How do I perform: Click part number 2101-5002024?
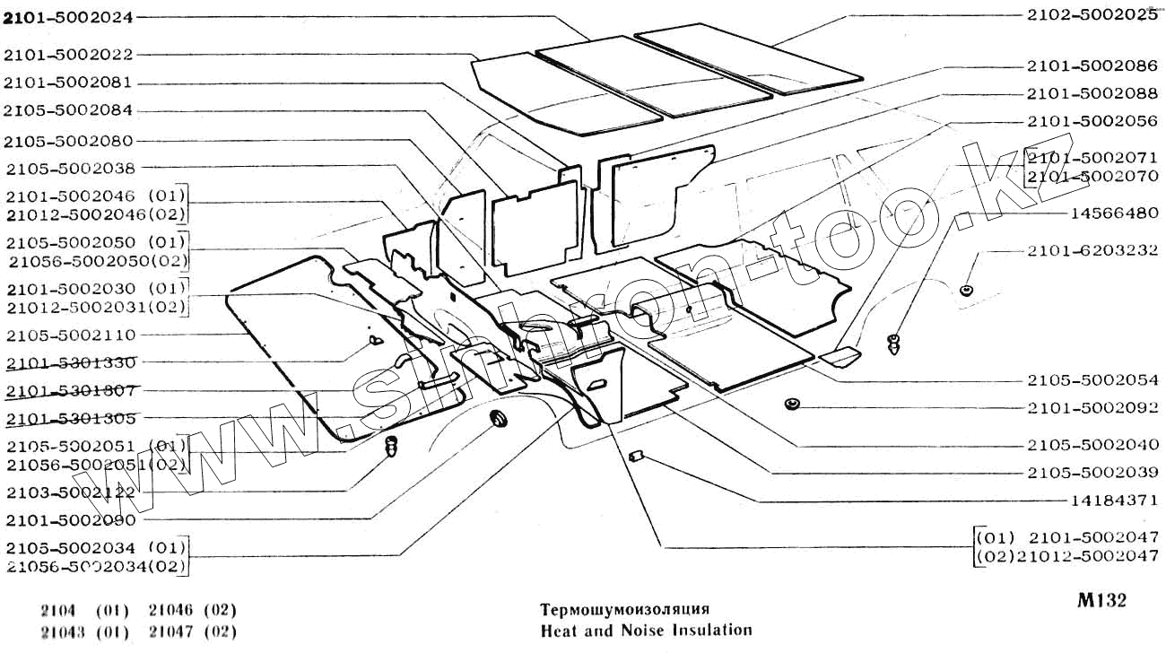(x=68, y=17)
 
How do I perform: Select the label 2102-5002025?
(x=1092, y=15)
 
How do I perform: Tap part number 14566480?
(x=1115, y=214)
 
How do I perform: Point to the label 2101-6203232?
(x=1092, y=251)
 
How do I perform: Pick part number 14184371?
(x=1115, y=501)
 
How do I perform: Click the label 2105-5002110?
(x=70, y=335)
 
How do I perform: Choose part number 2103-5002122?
(x=70, y=492)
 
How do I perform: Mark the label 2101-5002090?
(x=70, y=520)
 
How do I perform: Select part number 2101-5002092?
(x=1092, y=407)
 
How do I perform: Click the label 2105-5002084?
(x=68, y=110)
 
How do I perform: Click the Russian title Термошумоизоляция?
(x=619, y=609)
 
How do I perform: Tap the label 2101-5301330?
(x=70, y=363)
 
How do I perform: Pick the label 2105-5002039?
(x=1092, y=472)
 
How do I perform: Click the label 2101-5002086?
(x=1092, y=65)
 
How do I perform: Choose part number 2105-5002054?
(x=1092, y=381)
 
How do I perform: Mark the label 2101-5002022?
(x=68, y=55)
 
